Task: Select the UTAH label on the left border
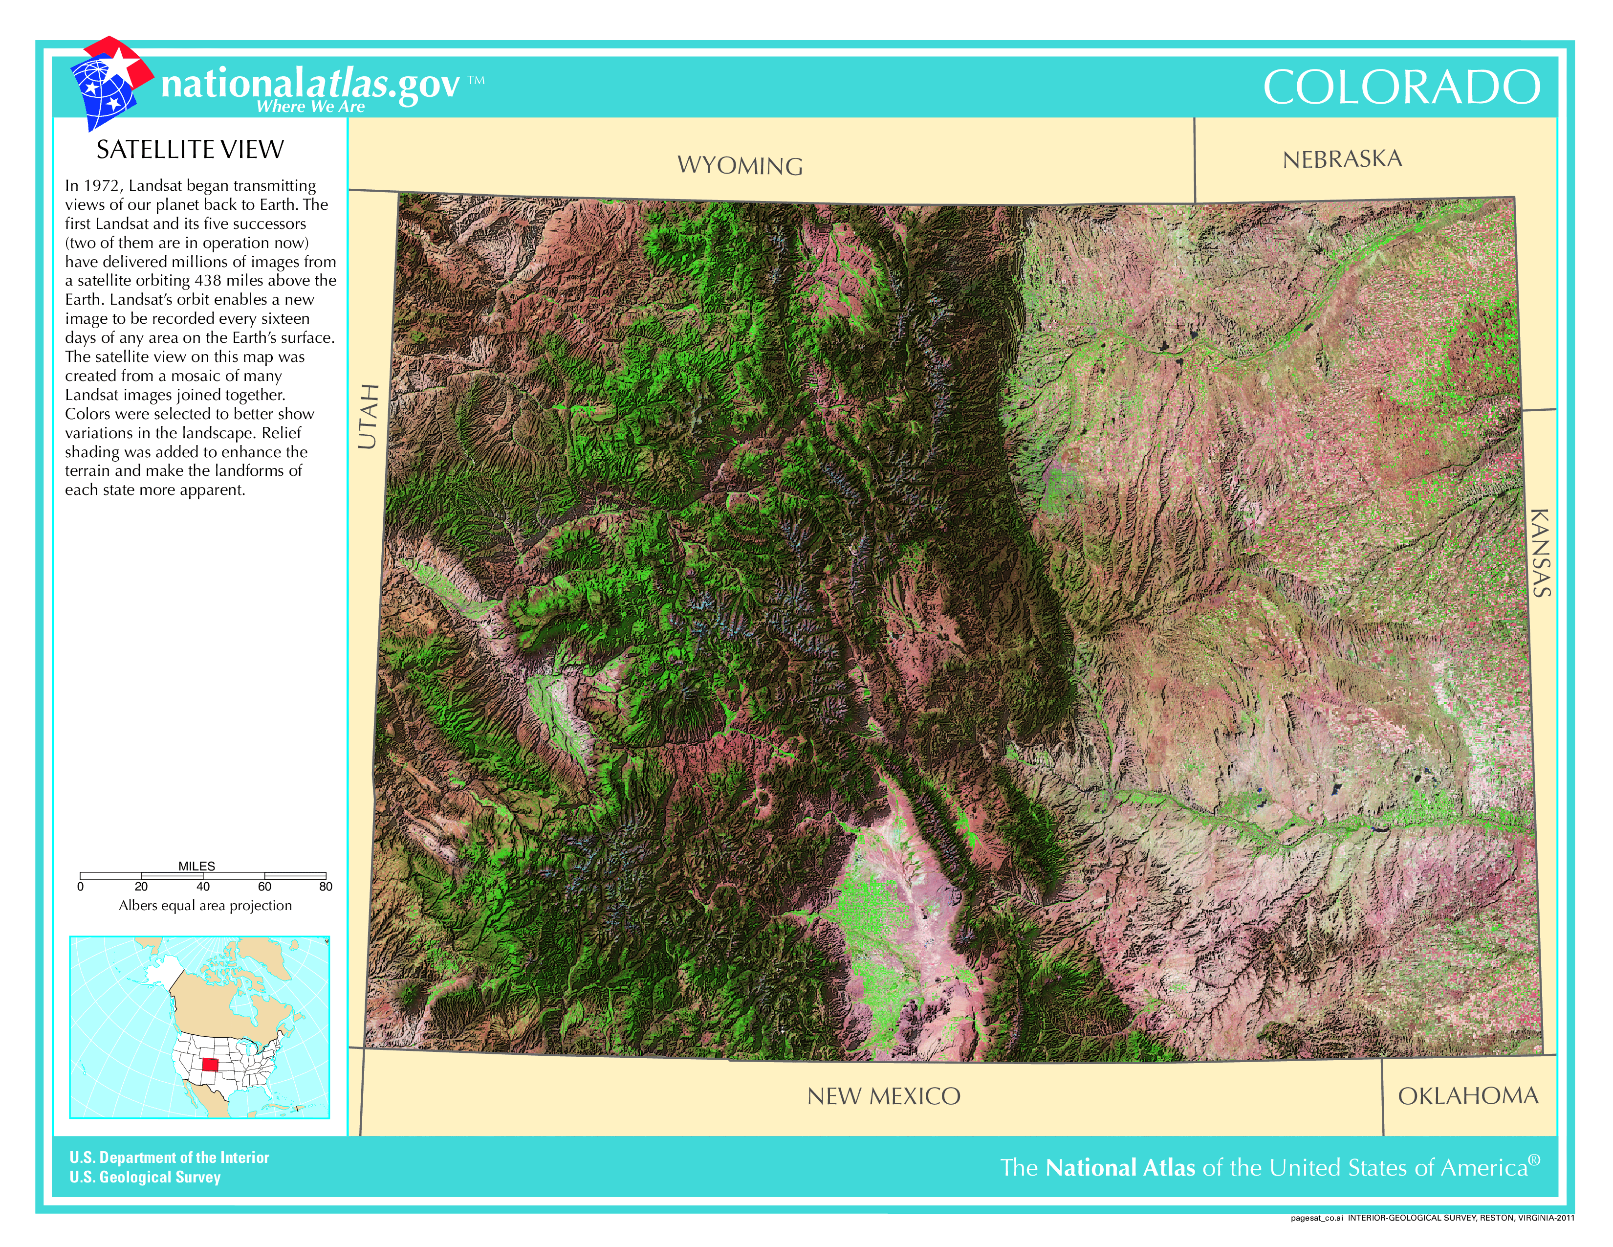coord(368,416)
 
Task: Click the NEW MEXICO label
coord(883,1096)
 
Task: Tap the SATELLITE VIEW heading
coord(190,150)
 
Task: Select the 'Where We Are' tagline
coord(310,107)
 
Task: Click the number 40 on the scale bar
coord(203,887)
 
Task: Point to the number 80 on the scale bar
coord(326,887)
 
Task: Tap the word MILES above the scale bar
coord(196,866)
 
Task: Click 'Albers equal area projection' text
coord(205,906)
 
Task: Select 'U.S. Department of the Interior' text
coord(169,1158)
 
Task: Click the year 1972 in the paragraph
coord(100,185)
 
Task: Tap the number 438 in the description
coord(209,281)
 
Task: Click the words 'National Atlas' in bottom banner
coord(1120,1168)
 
